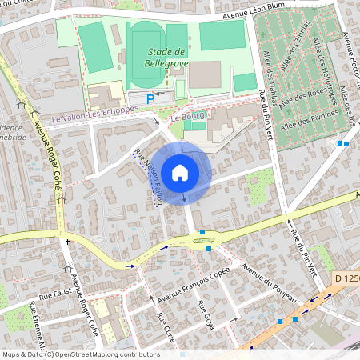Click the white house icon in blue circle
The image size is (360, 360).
180,172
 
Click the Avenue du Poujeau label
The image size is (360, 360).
269,281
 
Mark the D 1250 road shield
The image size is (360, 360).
346,278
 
